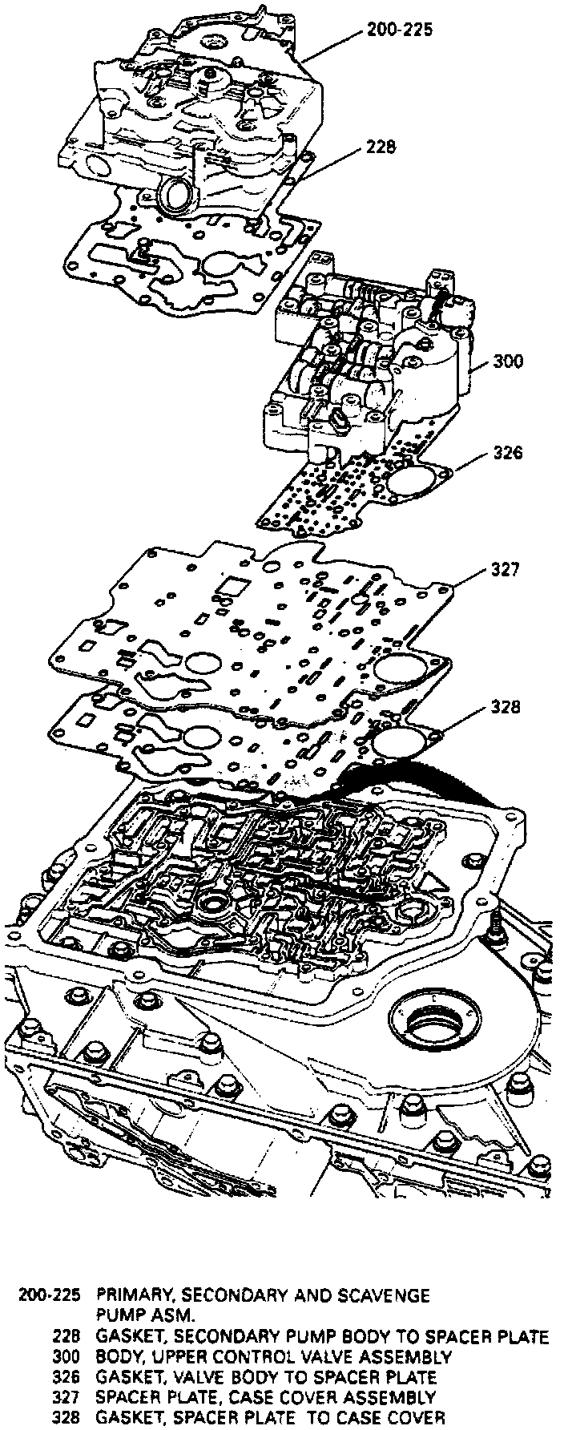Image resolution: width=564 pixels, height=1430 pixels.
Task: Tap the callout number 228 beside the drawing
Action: tap(382, 147)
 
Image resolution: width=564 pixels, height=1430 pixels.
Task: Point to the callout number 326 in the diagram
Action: tap(507, 453)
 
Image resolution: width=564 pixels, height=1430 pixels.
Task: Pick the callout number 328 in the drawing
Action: tap(506, 707)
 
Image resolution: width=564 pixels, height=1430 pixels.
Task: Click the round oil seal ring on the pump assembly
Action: tap(176, 196)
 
